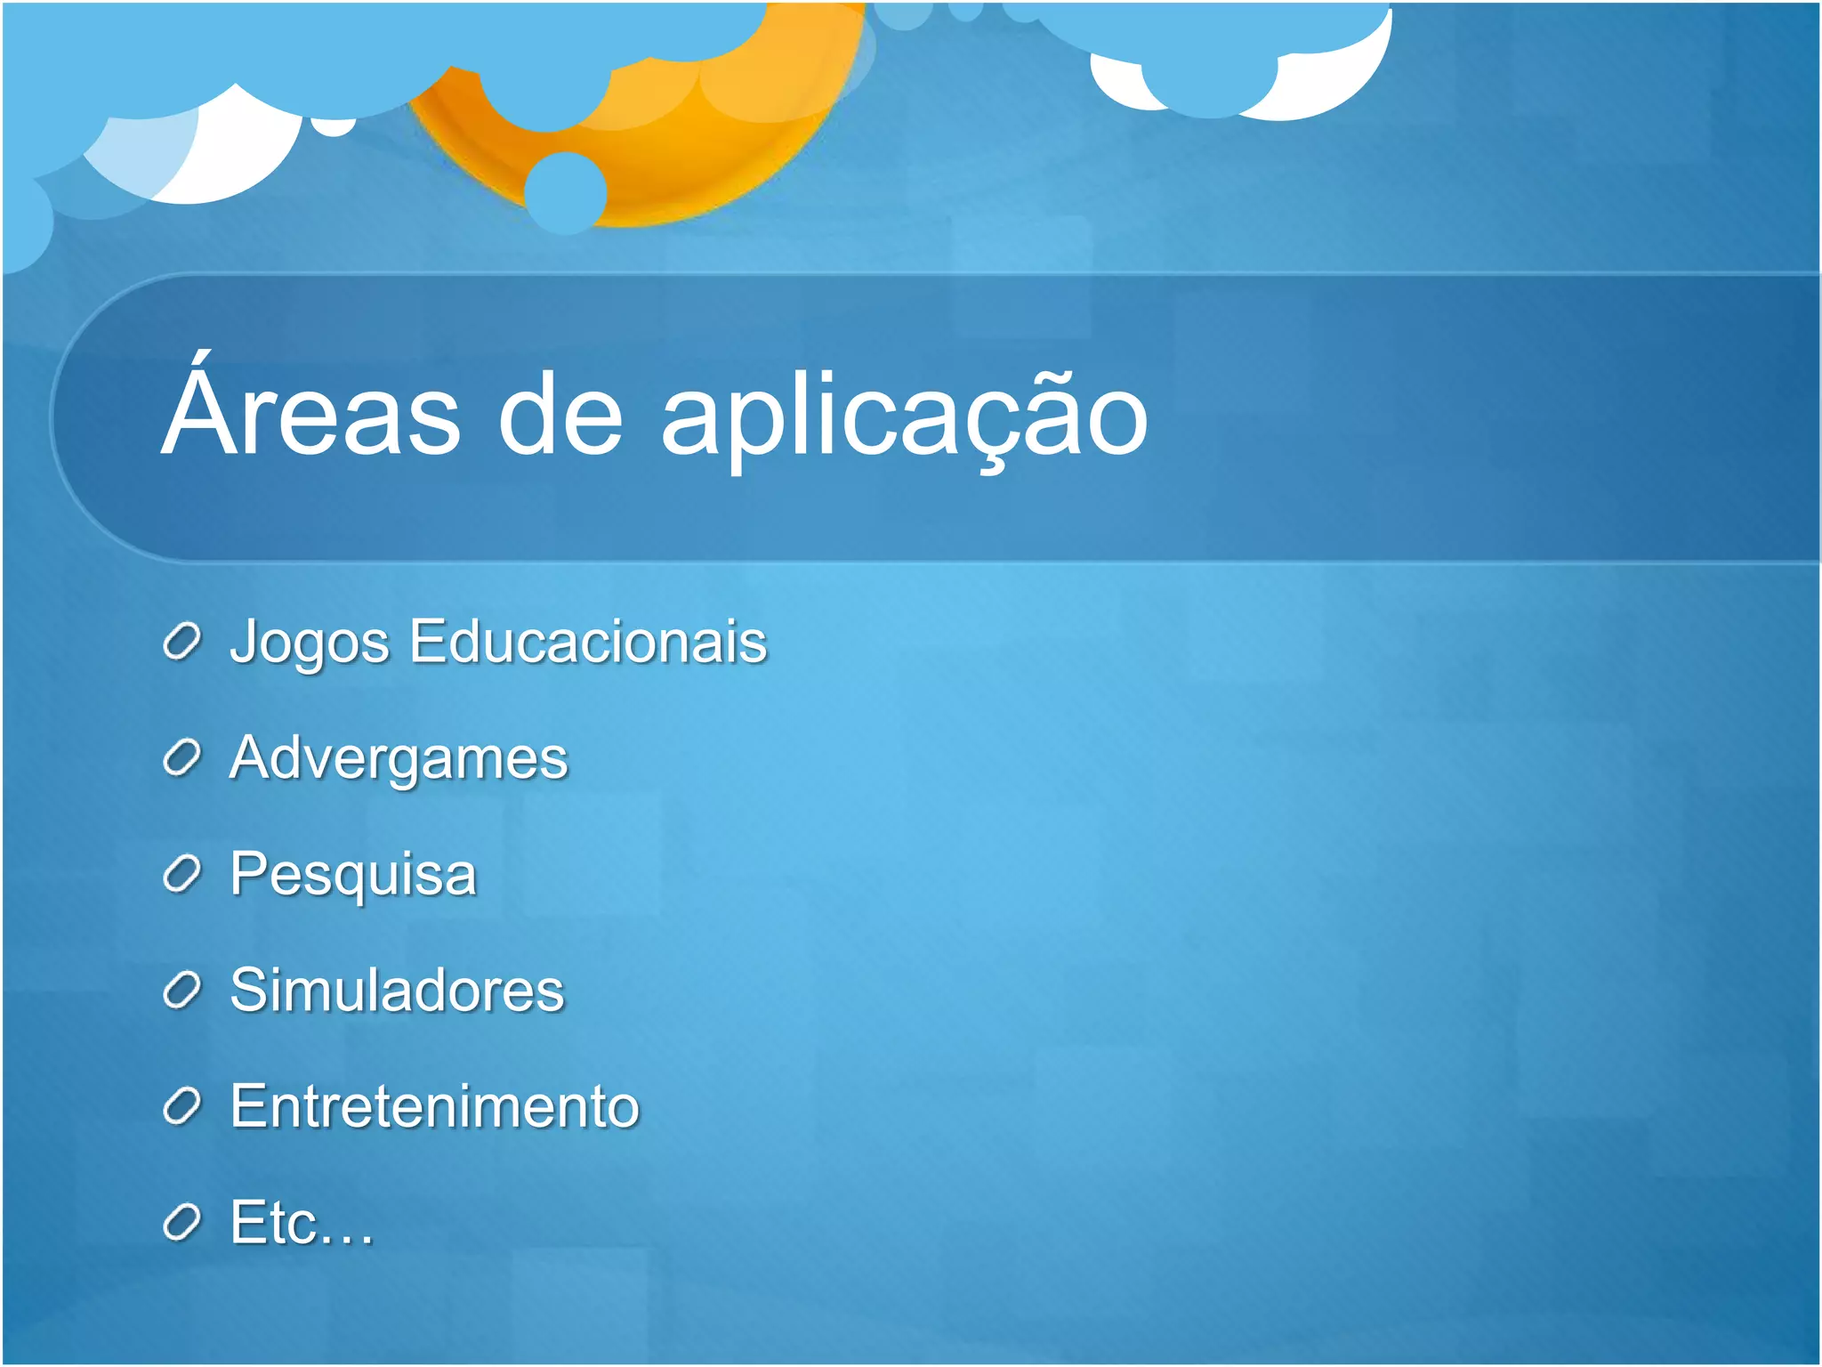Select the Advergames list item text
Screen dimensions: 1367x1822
(x=399, y=758)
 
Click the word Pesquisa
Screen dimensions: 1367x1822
(x=353, y=874)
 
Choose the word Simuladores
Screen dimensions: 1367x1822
(x=397, y=990)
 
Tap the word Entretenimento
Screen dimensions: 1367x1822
(x=434, y=1106)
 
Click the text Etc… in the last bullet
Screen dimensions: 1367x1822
(x=302, y=1223)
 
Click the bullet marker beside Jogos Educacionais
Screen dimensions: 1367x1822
(x=182, y=643)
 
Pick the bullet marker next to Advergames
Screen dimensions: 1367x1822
(x=182, y=758)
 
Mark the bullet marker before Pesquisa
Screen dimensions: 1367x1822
(x=182, y=875)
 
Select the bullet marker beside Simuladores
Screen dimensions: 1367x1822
(x=182, y=991)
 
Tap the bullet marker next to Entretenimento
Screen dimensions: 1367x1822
(x=182, y=1107)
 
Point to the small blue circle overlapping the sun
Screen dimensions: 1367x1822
(x=565, y=192)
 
